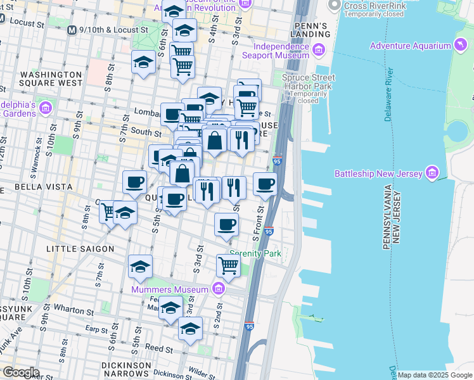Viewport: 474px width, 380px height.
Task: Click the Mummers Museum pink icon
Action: (219, 289)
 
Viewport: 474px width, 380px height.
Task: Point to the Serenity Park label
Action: (255, 253)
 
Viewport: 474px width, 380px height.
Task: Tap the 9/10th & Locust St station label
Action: (112, 30)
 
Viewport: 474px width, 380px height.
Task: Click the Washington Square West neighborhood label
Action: (51, 78)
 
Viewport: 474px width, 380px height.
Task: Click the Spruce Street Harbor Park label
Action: (308, 89)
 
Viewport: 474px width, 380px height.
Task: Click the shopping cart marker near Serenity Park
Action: (228, 267)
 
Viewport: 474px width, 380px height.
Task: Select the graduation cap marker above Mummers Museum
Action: (140, 267)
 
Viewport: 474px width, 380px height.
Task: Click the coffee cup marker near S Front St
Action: (266, 184)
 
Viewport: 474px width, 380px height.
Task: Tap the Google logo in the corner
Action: (21, 372)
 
